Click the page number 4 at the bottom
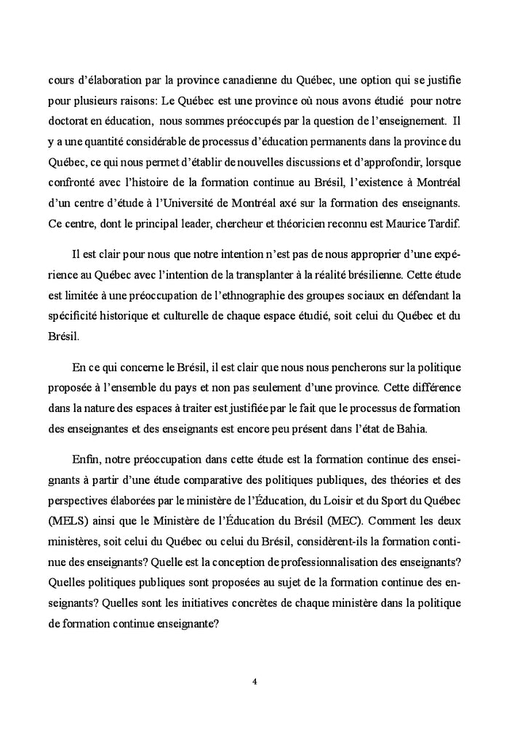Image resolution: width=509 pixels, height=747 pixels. pos(254,681)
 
